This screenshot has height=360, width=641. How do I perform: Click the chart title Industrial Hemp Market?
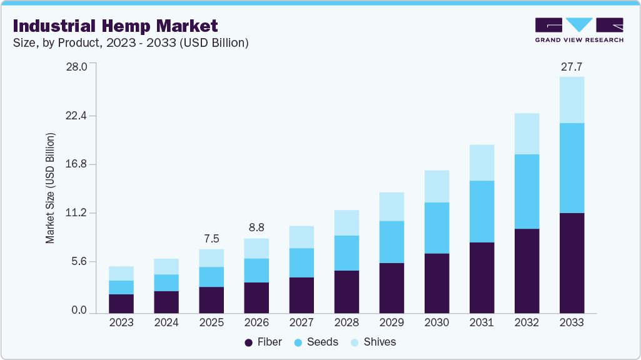point(115,26)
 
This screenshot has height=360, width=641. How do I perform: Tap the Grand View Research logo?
point(579,30)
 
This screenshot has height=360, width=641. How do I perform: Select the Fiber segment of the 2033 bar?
point(572,262)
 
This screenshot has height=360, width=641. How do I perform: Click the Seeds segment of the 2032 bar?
point(527,191)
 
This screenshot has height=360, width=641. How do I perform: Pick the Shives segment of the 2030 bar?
point(437,186)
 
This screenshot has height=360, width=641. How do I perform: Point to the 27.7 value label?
point(572,66)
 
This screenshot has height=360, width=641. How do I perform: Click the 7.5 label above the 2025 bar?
point(211,239)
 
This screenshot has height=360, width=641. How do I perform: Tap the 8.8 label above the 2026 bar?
point(256,228)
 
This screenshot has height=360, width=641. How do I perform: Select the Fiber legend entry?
point(263,342)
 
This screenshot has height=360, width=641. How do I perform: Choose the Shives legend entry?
point(373,342)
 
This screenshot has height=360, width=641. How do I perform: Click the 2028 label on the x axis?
point(346,322)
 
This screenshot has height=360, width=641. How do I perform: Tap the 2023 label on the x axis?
point(121,322)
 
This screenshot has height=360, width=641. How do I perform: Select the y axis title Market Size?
point(50,188)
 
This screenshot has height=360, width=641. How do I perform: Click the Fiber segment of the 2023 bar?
point(121,303)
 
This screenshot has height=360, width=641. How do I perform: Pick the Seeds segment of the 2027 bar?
point(301,262)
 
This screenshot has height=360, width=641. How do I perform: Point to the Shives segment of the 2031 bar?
point(482,162)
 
